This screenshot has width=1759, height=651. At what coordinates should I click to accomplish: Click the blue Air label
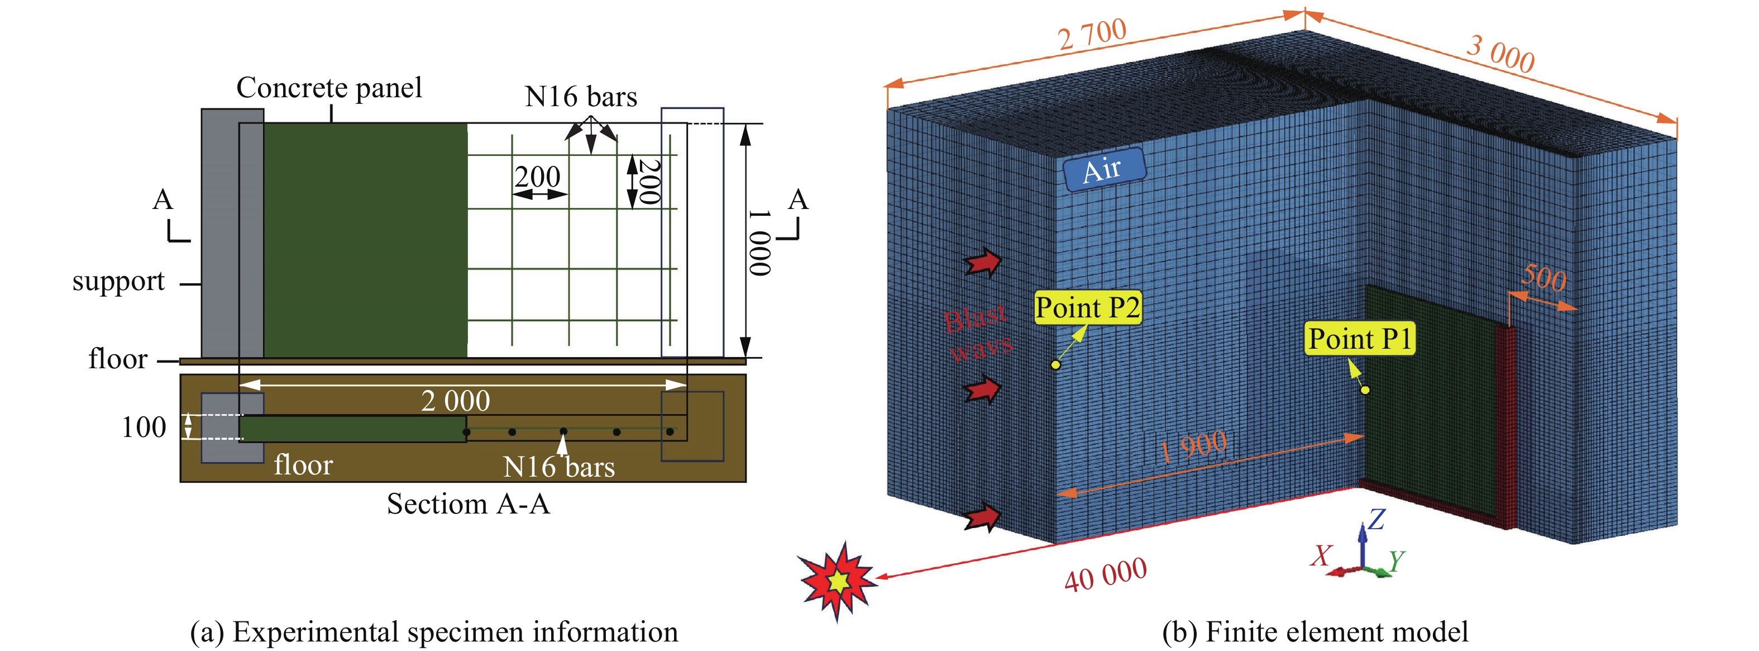1103,169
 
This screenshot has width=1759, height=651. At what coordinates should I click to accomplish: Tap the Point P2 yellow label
1088,307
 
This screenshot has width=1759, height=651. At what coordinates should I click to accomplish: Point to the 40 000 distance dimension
1106,574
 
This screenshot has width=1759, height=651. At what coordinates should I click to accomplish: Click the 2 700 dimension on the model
1092,34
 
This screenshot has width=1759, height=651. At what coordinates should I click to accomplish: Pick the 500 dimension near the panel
1543,278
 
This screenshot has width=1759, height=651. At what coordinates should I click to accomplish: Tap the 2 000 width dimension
456,400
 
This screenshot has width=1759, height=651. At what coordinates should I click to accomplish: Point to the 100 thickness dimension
144,427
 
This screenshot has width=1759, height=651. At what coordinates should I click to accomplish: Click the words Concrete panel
329,88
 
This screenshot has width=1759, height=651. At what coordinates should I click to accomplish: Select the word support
119,281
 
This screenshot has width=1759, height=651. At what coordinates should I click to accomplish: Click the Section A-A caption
469,504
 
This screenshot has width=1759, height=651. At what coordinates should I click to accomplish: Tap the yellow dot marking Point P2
1055,365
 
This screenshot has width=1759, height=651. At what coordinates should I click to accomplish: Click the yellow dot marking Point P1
1365,390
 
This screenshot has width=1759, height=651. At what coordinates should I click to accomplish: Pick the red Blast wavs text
977,332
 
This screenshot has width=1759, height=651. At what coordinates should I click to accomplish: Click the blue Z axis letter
1376,519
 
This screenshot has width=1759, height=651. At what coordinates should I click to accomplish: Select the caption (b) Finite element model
1315,632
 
